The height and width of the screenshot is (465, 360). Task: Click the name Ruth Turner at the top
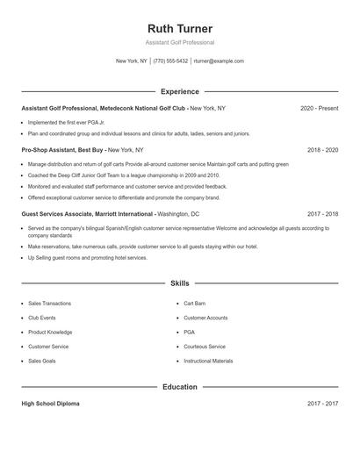click(180, 28)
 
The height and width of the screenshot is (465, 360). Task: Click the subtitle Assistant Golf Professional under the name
click(180, 42)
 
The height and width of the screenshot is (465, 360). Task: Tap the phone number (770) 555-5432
click(170, 61)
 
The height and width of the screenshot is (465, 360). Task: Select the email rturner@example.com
click(219, 61)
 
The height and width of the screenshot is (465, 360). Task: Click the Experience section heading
click(180, 91)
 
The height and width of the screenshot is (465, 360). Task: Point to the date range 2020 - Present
click(319, 108)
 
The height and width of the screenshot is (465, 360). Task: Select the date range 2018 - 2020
click(322, 150)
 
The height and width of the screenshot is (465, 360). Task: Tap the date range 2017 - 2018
click(322, 213)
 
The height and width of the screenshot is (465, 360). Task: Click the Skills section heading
click(180, 283)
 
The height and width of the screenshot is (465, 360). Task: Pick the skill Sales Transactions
click(49, 303)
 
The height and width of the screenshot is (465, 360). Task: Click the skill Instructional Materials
click(208, 361)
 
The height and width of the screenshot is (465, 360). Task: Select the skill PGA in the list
click(189, 332)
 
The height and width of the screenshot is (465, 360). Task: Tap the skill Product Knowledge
click(50, 332)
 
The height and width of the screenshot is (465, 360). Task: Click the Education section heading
click(180, 386)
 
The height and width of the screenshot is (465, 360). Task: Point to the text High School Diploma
click(50, 404)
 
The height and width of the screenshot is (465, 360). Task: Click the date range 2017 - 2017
click(322, 404)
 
